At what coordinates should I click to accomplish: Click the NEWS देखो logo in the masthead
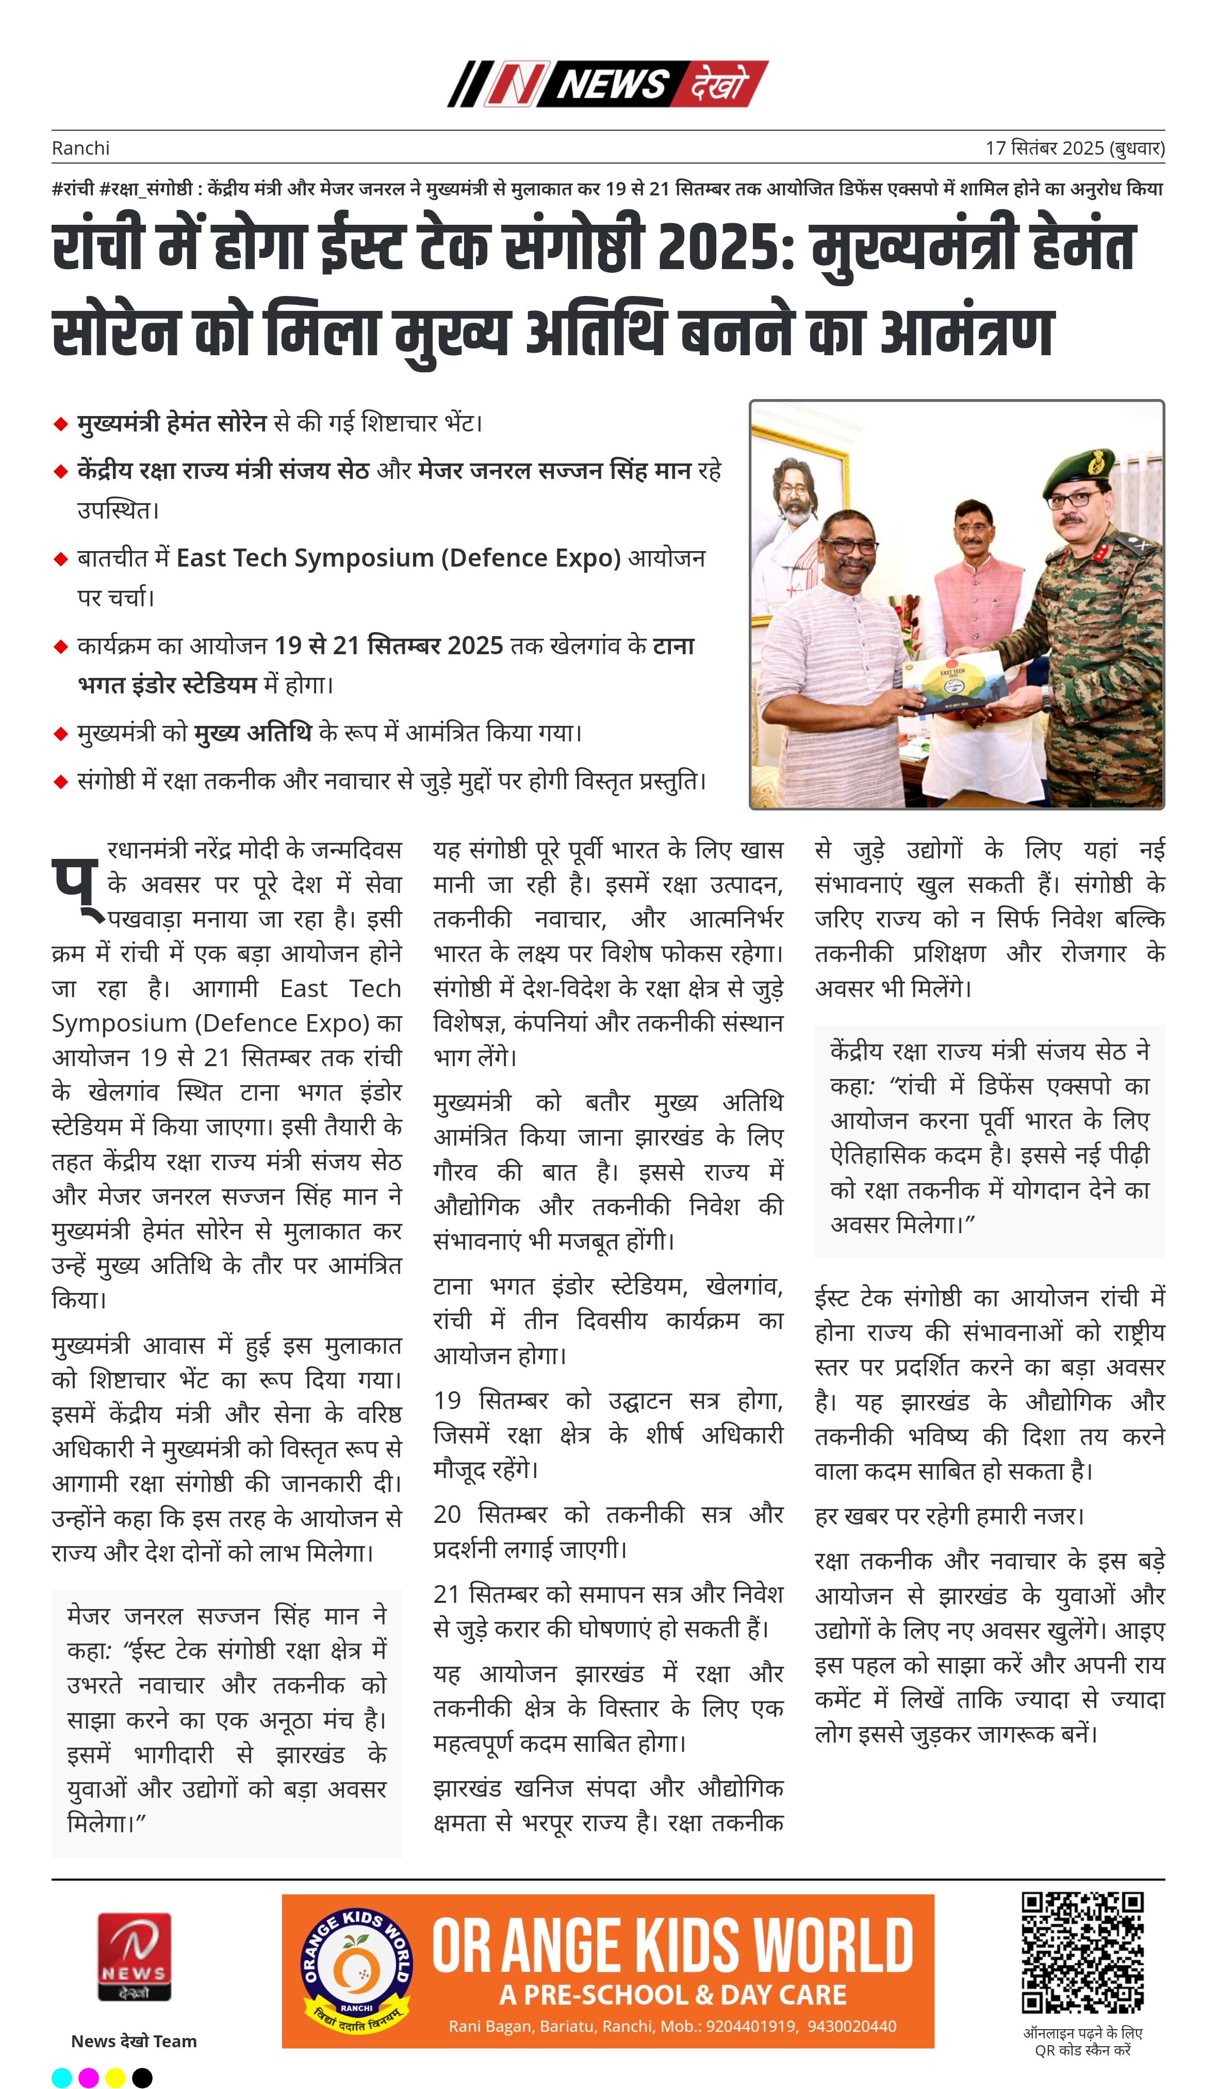pos(607,84)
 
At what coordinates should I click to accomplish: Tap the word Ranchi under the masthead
pos(80,148)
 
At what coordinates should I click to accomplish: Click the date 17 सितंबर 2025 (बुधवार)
pos(1074,148)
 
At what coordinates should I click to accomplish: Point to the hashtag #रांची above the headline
pos(73,189)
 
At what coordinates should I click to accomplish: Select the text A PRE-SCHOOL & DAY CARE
pos(672,1995)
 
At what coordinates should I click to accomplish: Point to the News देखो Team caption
pos(134,2041)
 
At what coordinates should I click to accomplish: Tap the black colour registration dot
pos(143,2077)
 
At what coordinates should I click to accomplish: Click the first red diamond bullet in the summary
pos(60,424)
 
